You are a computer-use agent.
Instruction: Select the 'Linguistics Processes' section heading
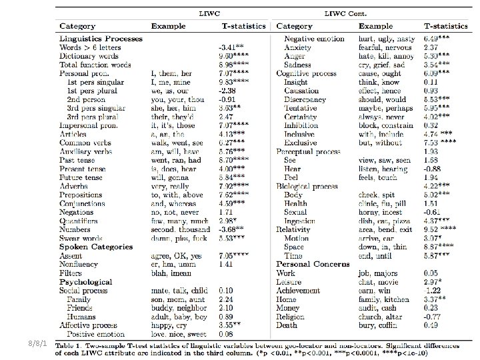coord(101,39)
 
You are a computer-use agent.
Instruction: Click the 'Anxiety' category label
coord(297,48)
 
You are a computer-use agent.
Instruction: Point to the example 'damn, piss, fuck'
coord(177,237)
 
